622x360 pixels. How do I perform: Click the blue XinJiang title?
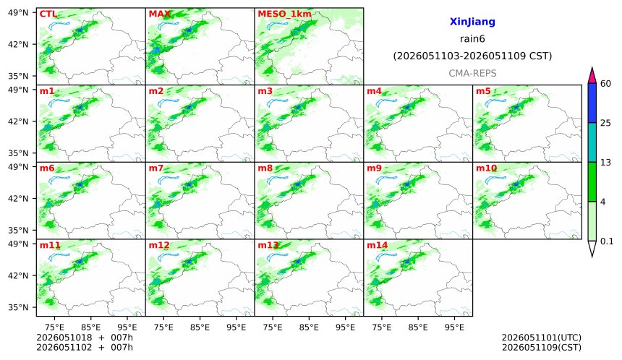point(472,22)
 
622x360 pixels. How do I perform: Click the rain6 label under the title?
point(472,39)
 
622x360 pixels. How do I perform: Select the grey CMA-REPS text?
point(472,73)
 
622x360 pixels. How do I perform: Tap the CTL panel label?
point(48,14)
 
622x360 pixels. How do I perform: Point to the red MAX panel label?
point(159,14)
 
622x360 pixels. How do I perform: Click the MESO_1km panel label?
point(284,14)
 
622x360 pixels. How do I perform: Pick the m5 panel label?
point(483,91)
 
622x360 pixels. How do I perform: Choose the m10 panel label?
point(486,168)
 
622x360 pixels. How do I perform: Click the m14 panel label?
point(378,245)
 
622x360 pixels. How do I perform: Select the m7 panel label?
point(156,168)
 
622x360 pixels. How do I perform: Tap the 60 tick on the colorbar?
point(605,84)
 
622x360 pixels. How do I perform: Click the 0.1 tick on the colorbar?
point(607,241)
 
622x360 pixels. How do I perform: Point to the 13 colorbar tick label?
point(605,163)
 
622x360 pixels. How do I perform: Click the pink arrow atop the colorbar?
point(592,76)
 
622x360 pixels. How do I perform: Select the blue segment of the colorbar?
point(592,103)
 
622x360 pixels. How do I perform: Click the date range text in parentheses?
point(472,56)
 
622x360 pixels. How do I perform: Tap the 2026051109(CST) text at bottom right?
point(542,348)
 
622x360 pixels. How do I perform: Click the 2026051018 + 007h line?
point(85,338)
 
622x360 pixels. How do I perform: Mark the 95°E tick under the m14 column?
point(454,327)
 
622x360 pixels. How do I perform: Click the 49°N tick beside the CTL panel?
point(18,13)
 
